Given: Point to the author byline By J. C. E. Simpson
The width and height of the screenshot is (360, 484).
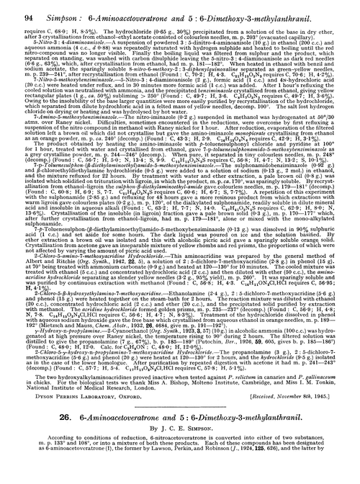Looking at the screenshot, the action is (x=180, y=431).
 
